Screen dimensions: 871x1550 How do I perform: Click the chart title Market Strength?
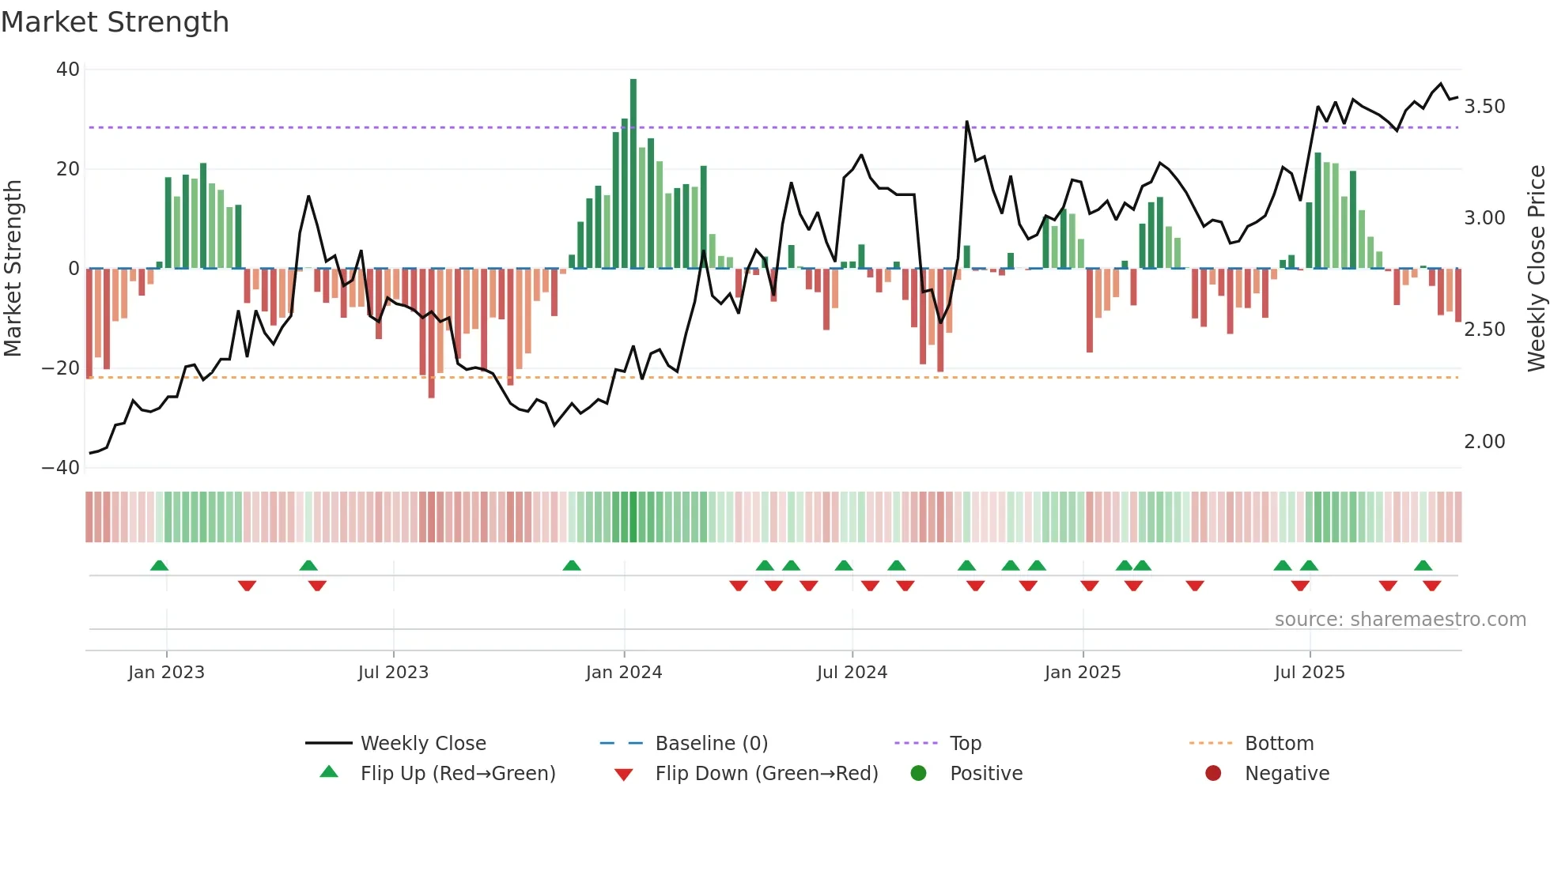(x=115, y=22)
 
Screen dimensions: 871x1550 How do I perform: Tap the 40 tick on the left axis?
(x=68, y=70)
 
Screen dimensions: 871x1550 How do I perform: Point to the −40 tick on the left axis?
(x=61, y=467)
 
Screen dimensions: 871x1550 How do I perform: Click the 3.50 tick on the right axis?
(x=1484, y=107)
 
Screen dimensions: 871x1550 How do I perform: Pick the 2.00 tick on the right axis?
(x=1484, y=442)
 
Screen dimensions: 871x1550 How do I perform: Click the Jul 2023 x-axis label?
(x=393, y=673)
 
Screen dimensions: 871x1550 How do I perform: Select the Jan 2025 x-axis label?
(x=1083, y=673)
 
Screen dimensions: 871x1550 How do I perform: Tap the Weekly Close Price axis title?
(x=1536, y=268)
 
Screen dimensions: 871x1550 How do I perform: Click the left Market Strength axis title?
(x=13, y=268)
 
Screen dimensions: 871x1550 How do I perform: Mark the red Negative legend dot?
(x=1213, y=773)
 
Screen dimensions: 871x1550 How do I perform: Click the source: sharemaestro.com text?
(x=1400, y=620)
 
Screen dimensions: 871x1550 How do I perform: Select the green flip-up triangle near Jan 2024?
(x=572, y=565)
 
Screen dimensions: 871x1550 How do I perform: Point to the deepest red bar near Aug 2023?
(x=432, y=333)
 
